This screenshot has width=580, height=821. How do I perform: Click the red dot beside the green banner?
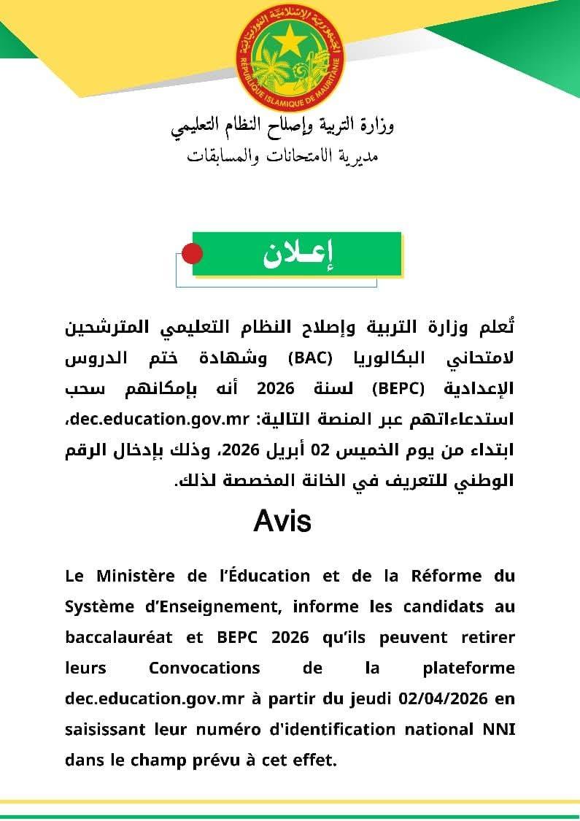coord(191,254)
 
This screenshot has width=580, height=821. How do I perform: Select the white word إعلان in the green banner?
coord(297,254)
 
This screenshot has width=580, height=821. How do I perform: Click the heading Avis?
coord(282,521)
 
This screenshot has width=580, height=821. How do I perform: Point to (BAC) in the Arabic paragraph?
coord(310,358)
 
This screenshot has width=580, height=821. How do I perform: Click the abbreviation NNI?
coord(500,729)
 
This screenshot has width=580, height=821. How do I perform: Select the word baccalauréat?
coord(119,637)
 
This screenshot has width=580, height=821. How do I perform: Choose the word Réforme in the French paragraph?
coord(442,576)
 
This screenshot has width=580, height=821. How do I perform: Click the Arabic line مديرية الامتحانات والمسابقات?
coord(283,155)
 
